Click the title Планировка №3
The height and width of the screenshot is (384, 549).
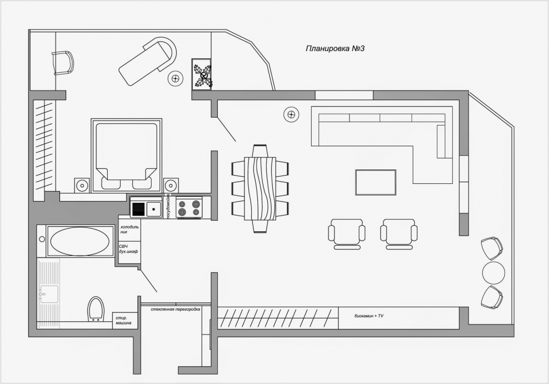(335, 49)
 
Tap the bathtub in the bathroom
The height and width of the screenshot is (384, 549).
(80, 241)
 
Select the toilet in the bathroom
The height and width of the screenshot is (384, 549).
(96, 309)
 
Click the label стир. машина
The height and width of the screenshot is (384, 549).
(123, 320)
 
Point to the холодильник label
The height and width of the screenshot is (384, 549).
(129, 230)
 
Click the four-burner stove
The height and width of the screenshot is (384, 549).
(189, 208)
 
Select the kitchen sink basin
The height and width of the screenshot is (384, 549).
(154, 209)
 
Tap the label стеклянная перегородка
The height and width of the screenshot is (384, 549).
(176, 310)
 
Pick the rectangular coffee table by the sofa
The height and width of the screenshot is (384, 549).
(376, 182)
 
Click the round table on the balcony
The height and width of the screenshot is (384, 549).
(493, 272)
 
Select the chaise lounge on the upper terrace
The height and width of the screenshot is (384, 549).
(148, 61)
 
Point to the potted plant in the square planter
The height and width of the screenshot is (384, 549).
(202, 74)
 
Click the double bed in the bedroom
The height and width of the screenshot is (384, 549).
(126, 156)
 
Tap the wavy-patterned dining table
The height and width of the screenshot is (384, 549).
(260, 189)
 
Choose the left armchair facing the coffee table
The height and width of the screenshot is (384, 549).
(347, 233)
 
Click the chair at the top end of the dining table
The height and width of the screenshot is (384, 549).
(260, 151)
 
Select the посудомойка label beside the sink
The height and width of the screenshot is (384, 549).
(168, 206)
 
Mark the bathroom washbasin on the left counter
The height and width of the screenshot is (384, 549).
(49, 293)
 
